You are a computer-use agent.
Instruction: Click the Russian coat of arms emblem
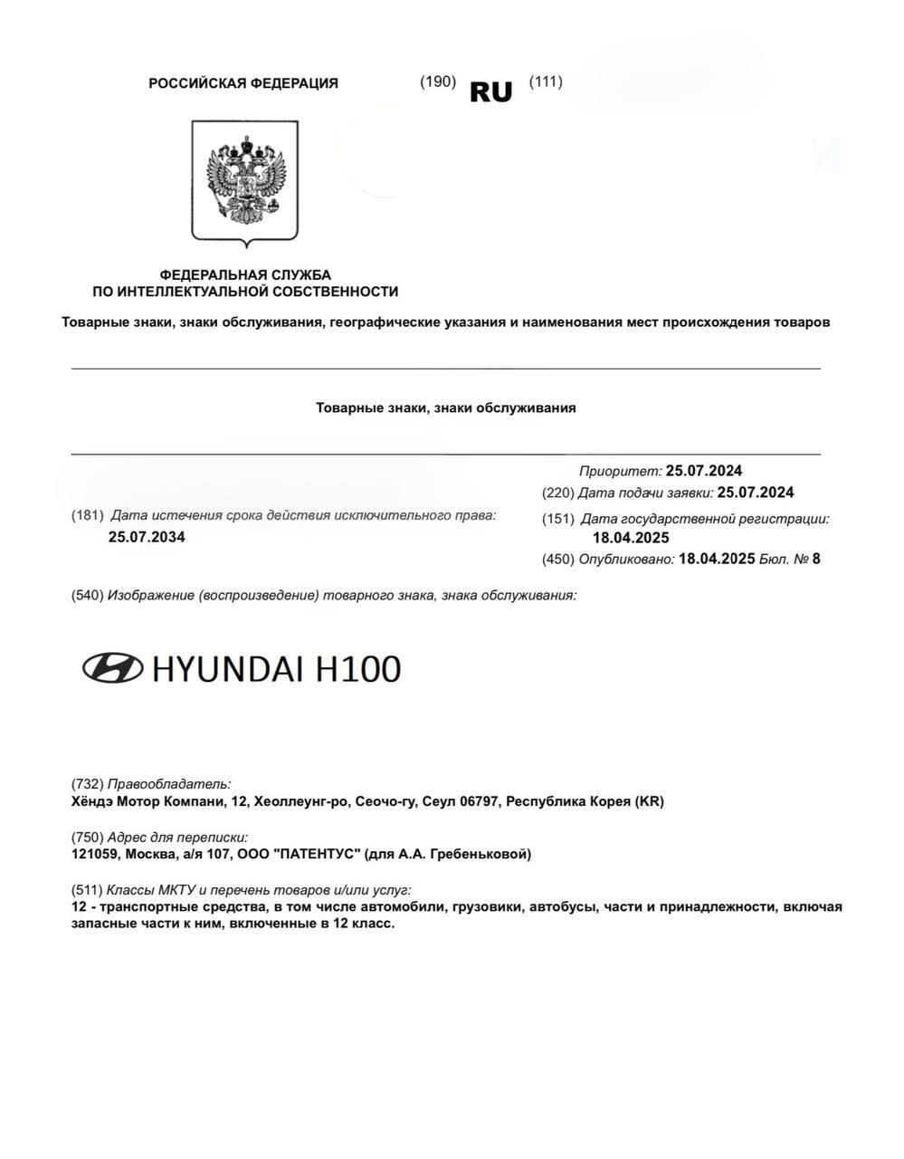coord(244,181)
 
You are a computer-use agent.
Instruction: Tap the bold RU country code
coord(491,91)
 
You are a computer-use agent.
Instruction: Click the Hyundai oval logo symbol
coord(112,668)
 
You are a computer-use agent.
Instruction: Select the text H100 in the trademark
coord(358,669)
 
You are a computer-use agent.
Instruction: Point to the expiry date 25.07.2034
coord(147,537)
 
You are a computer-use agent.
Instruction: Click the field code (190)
coord(438,81)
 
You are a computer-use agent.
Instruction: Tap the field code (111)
coord(546,81)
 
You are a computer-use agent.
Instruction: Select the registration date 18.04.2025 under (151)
coord(631,538)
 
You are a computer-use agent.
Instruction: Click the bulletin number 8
coord(816,559)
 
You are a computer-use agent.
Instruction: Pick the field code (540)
coord(87,595)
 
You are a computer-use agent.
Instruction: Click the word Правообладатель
coord(169,784)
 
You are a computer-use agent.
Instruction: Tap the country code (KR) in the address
coord(649,801)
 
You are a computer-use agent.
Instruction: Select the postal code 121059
coord(94,854)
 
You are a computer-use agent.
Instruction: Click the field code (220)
coord(557,493)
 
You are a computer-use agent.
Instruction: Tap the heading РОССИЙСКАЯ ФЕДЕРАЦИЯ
coord(243,83)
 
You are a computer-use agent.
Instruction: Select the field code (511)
coord(87,890)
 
